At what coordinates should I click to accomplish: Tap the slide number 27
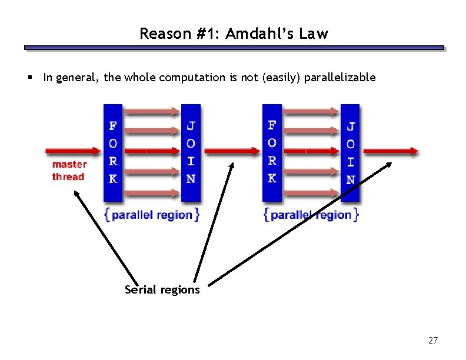pos(433,340)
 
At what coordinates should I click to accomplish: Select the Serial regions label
pos(162,289)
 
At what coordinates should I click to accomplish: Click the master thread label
pos(69,171)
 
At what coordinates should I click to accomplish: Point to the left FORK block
pos(113,153)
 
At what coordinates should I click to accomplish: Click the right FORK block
pos(272,153)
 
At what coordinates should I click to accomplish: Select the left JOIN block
pos(191,153)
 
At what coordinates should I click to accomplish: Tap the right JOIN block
pos(350,153)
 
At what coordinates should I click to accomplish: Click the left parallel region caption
pos(152,215)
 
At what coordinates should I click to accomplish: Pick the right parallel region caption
pos(311,215)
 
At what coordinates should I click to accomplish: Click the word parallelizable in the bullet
pos(339,77)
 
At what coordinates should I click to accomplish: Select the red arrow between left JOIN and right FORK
pos(232,151)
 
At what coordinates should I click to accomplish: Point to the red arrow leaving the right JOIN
pos(390,151)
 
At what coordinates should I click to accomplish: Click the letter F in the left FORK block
pos(113,125)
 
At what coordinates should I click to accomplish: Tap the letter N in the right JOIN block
pos(351,179)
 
